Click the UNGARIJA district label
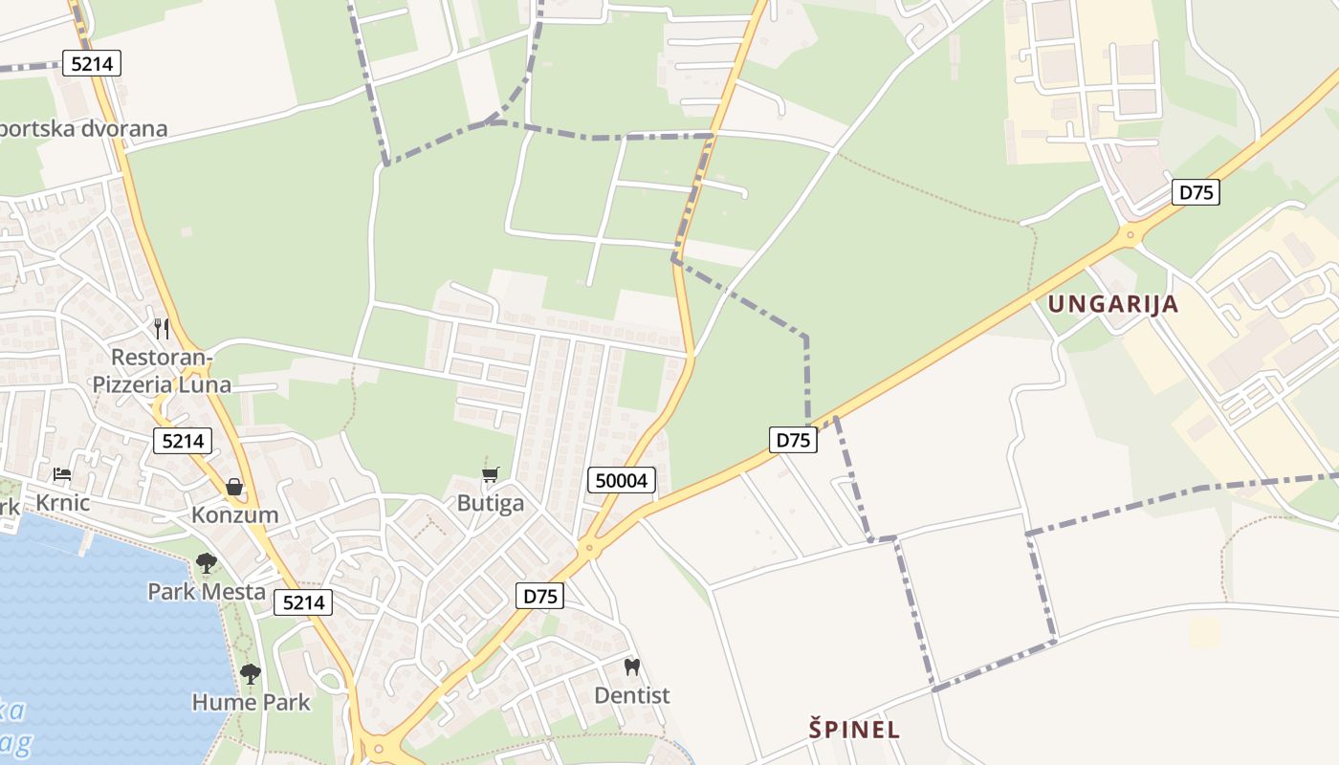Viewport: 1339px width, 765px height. click(1113, 305)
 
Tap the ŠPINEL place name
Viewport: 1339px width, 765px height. click(854, 730)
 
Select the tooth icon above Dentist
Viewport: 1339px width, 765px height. click(631, 667)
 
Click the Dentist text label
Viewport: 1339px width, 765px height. click(632, 695)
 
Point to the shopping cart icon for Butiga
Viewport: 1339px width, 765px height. click(491, 475)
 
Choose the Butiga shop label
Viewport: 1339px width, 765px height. click(491, 503)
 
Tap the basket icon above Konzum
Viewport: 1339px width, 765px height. click(234, 488)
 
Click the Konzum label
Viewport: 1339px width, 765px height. click(235, 515)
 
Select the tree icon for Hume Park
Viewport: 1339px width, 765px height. click(251, 674)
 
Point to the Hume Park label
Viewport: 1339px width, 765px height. click(251, 703)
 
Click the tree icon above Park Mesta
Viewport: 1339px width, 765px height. click(207, 563)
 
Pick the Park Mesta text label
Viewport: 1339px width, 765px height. click(207, 592)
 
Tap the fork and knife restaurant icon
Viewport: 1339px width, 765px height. click(162, 329)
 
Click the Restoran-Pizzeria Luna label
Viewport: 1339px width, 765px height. click(162, 371)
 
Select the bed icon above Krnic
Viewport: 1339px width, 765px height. click(62, 474)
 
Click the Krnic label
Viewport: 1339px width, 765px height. click(62, 503)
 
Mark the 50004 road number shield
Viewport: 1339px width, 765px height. click(622, 481)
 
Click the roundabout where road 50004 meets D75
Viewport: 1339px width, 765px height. click(587, 549)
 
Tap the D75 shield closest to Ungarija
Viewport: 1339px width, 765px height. click(1196, 192)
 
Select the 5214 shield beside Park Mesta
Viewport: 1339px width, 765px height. click(303, 602)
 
